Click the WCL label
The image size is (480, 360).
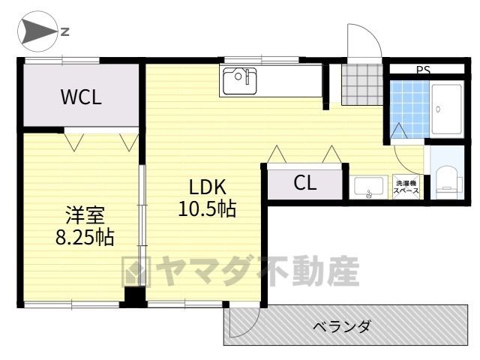point(81,97)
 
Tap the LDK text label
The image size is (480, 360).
point(208,187)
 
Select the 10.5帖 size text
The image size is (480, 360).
point(207,208)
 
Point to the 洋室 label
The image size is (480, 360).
point(85,215)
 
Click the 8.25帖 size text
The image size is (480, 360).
point(85,237)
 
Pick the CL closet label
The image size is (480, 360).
point(305,183)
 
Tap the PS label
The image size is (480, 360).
point(423,70)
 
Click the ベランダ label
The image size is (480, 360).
point(342,327)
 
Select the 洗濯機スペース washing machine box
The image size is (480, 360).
point(406,187)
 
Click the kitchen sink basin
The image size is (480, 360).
point(240,81)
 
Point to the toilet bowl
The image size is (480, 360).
point(447,179)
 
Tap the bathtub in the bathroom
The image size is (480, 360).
point(446,109)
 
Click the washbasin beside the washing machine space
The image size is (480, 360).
point(368,187)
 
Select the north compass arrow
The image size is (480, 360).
point(39,31)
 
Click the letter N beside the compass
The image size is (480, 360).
point(65,31)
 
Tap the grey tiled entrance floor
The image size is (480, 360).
point(362,85)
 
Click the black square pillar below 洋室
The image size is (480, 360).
point(134,297)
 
